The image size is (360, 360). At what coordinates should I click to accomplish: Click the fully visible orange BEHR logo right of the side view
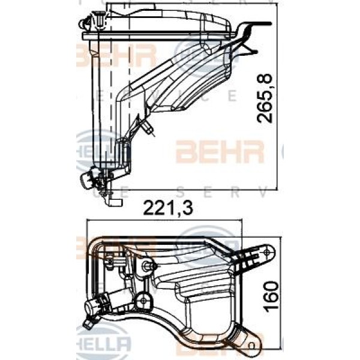219,152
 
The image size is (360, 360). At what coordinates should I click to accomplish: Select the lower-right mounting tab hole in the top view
253,343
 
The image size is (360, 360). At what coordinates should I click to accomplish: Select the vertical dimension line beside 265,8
277,96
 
